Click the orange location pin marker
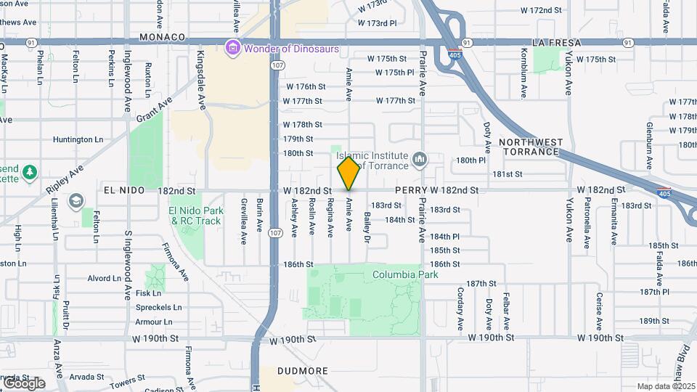point(348,173)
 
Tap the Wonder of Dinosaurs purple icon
point(233,49)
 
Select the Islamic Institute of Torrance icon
point(419,159)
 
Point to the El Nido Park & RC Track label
point(194,216)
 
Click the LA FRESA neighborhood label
point(557,43)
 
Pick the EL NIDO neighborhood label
point(121,190)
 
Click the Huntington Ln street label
point(83,139)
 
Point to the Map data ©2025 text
point(665,386)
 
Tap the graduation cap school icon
point(76,201)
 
